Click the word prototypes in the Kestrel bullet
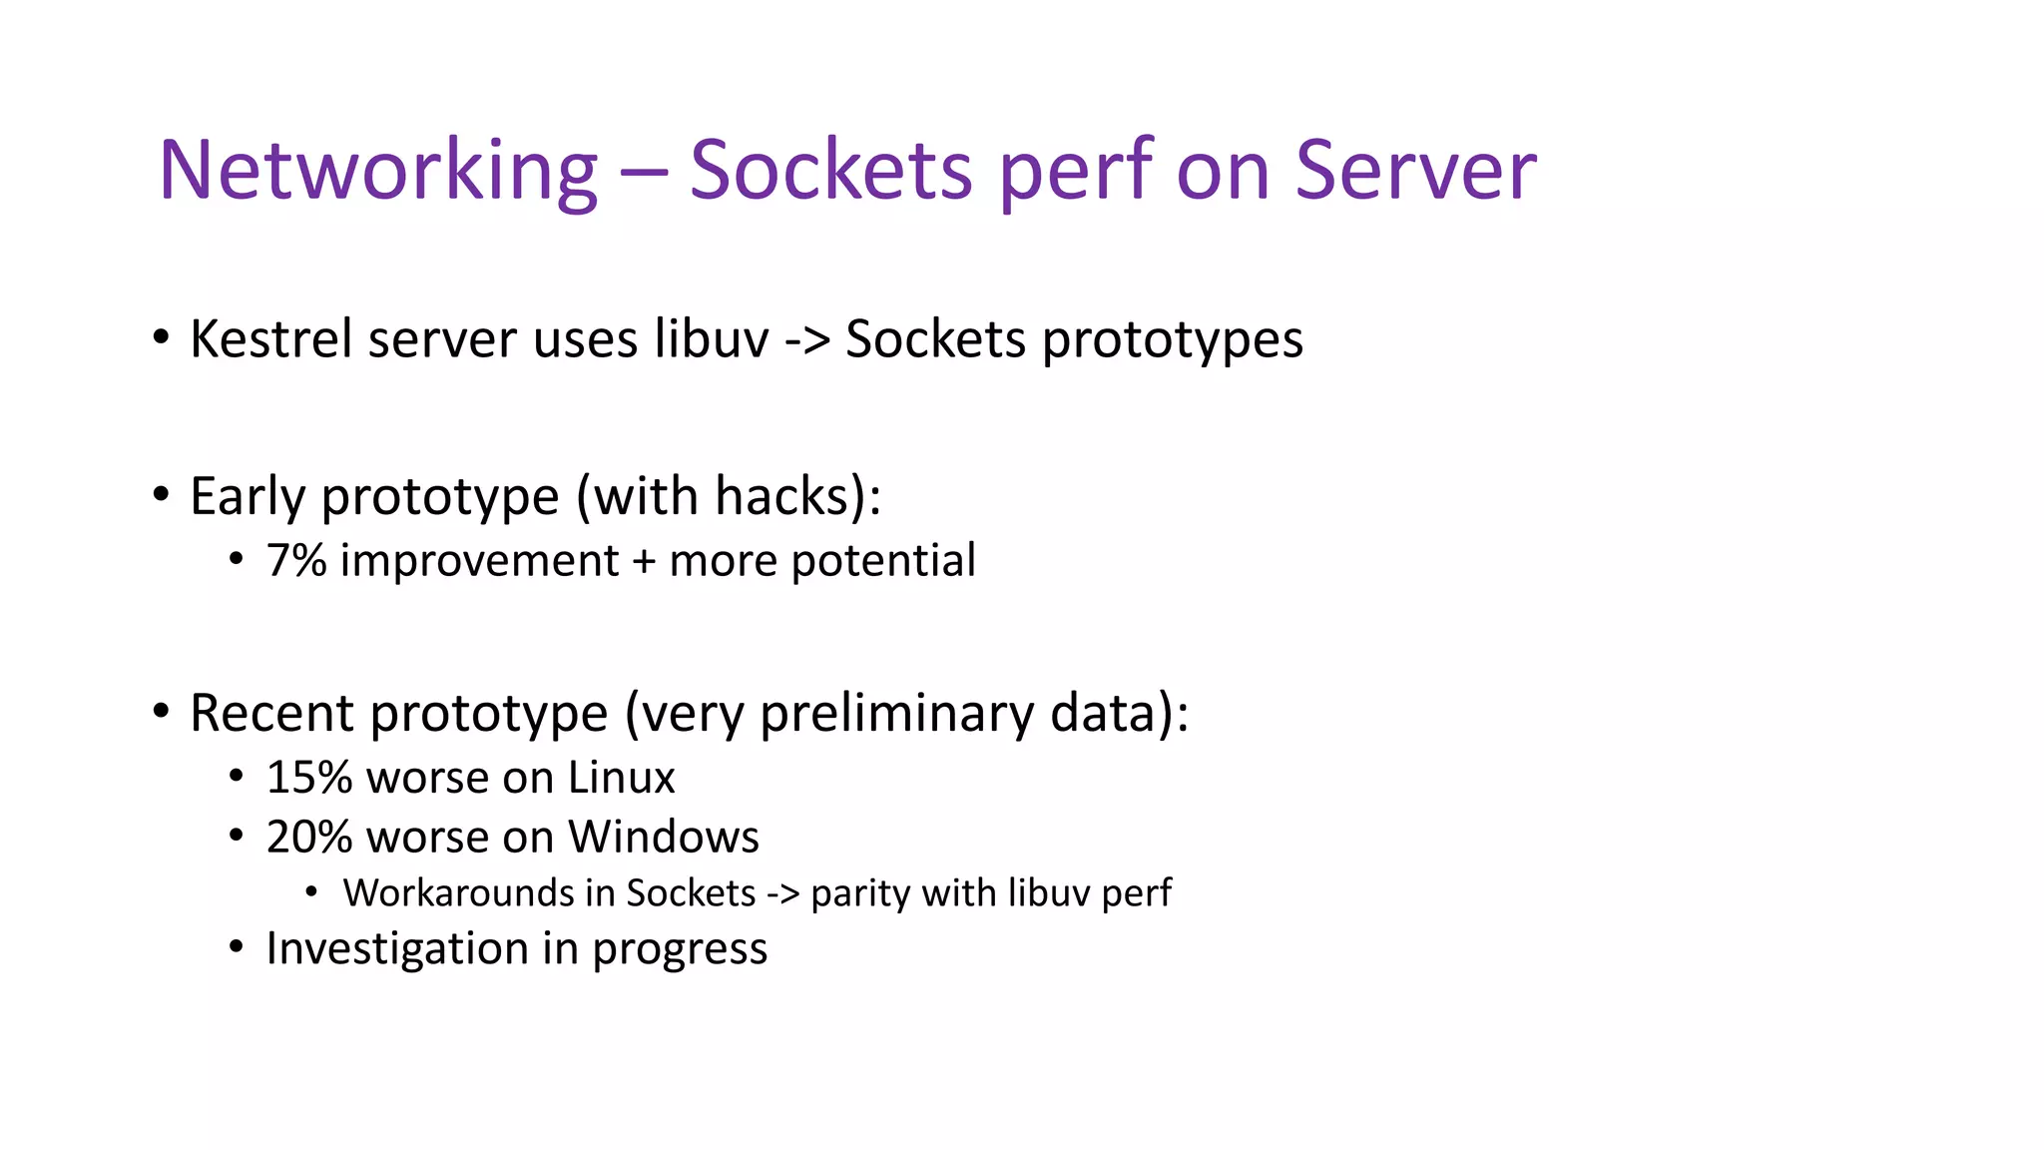point(1173,340)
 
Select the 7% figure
point(296,560)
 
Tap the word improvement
point(479,561)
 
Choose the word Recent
point(271,713)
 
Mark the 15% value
point(308,778)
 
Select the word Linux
point(621,778)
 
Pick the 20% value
point(308,837)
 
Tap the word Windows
point(664,837)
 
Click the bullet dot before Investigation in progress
point(236,946)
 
